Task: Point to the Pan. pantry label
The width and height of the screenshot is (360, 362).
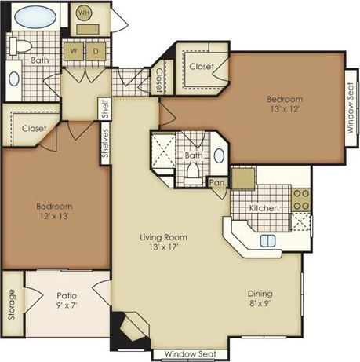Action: pyautogui.click(x=216, y=183)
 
